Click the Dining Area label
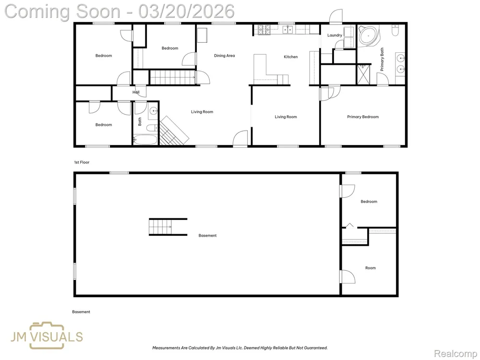pos(224,56)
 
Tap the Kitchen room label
pos(290,57)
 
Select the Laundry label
pos(335,35)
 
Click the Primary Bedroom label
pos(363,117)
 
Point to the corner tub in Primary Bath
pos(369,36)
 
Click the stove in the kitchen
pos(264,29)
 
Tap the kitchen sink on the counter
pos(288,29)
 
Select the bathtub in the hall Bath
pos(145,140)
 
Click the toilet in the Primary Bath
pos(395,31)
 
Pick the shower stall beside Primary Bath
pos(364,74)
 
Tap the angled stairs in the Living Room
pos(174,131)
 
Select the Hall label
pos(136,92)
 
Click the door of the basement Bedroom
pos(348,191)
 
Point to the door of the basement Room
pos(348,277)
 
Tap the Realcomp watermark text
pos(455,354)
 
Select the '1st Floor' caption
pos(82,162)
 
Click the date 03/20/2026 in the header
pos(186,12)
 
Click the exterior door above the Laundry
pos(336,16)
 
